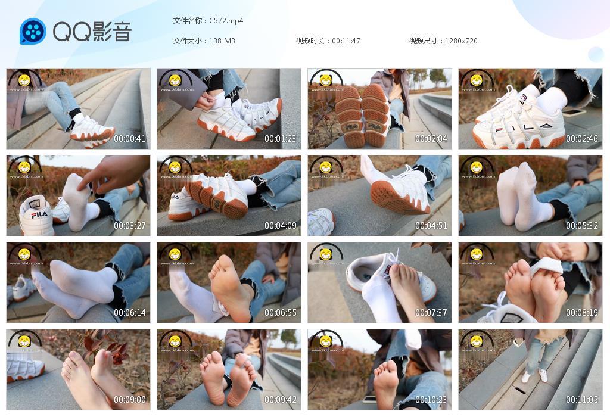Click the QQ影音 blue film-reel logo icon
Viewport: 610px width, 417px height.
click(x=33, y=31)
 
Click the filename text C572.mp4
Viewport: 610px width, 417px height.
click(x=226, y=21)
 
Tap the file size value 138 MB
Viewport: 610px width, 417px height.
click(x=222, y=41)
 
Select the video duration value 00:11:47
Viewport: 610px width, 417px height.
click(x=346, y=41)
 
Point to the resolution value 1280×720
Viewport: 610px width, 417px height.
click(x=461, y=41)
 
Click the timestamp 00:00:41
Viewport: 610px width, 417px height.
click(x=130, y=139)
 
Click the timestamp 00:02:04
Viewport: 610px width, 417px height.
click(x=431, y=139)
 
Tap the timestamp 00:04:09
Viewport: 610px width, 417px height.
click(x=281, y=226)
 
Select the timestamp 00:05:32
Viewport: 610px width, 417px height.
click(x=582, y=226)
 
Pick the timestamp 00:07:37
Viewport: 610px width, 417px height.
click(x=431, y=313)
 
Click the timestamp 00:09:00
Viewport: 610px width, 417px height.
click(x=130, y=400)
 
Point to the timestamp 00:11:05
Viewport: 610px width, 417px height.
click(x=582, y=400)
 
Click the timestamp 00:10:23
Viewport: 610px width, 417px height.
click(x=431, y=400)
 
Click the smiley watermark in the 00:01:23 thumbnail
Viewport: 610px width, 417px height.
click(x=175, y=80)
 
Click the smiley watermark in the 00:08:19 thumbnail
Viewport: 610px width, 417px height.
click(x=477, y=254)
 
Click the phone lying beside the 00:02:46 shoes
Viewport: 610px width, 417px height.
click(x=573, y=113)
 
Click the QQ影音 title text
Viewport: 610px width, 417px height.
click(x=92, y=32)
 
